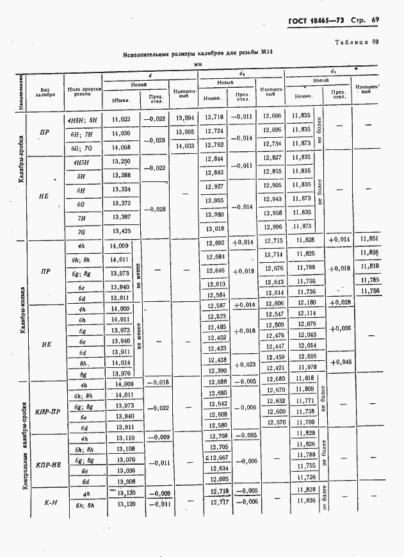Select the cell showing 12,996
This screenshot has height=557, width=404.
pyautogui.click(x=272, y=227)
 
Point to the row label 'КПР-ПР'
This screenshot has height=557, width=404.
pyautogui.click(x=49, y=412)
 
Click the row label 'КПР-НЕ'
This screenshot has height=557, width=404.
pyautogui.click(x=49, y=464)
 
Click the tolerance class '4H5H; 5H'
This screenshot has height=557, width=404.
pyautogui.click(x=81, y=119)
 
